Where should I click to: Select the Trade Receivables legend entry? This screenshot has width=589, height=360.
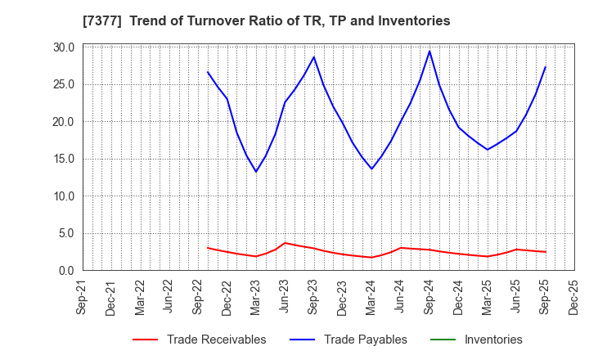click(216, 340)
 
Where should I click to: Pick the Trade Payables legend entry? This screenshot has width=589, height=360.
click(365, 340)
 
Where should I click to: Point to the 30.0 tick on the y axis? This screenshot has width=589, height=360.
click(64, 47)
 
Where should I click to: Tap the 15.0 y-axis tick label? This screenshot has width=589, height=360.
click(64, 159)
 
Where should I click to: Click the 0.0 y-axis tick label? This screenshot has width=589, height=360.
click(67, 271)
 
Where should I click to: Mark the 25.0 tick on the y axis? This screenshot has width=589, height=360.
click(64, 84)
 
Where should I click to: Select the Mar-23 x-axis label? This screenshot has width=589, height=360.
click(257, 298)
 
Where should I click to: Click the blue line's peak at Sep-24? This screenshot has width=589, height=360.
click(429, 52)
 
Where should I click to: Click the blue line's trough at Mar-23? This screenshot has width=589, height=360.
click(256, 172)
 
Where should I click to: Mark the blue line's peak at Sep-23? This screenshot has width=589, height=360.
click(313, 56)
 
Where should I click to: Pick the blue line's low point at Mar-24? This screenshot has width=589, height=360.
click(371, 169)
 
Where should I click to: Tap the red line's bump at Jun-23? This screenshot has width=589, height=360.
click(285, 243)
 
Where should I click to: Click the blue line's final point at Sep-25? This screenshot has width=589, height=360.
click(546, 67)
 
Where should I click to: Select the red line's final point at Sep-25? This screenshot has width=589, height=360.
click(546, 252)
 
